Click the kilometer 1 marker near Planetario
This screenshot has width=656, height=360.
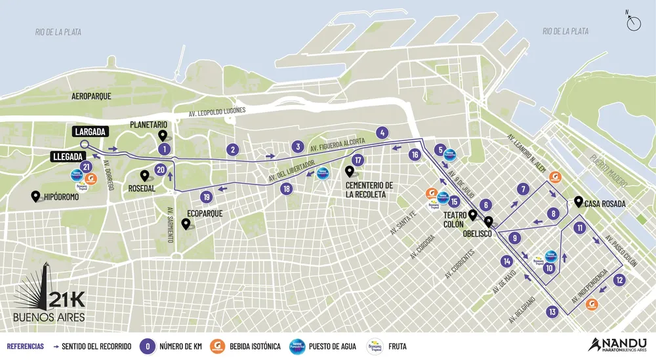pyautogui.click(x=164, y=150)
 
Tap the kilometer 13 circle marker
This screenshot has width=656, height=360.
pyautogui.click(x=552, y=311)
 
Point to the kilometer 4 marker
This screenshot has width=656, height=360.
pyautogui.click(x=381, y=132)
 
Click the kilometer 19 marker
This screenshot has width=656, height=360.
pyautogui.click(x=207, y=196)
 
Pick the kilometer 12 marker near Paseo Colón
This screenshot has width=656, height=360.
pyautogui.click(x=619, y=279)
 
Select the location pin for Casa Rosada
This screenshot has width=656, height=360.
pyautogui.click(x=578, y=201)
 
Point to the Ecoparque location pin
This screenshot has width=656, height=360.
pyautogui.click(x=186, y=224)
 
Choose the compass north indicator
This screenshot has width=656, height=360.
pyautogui.click(x=634, y=23)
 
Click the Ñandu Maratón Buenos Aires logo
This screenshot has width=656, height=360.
pyautogui.click(x=619, y=344)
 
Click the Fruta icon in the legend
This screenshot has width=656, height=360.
pyautogui.click(x=375, y=346)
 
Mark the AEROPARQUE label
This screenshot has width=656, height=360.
pyautogui.click(x=91, y=96)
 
